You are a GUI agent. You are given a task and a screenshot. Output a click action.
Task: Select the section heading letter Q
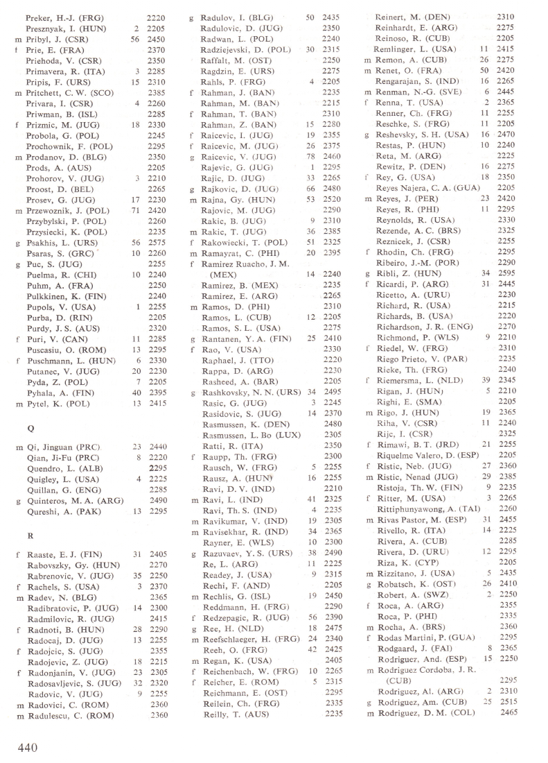(x=29, y=429)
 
